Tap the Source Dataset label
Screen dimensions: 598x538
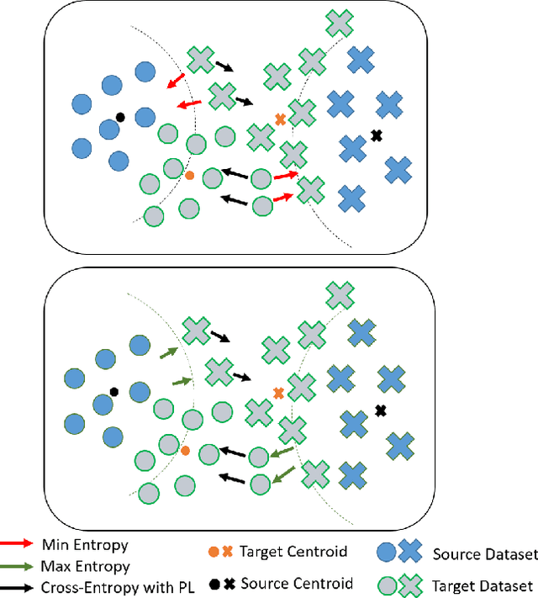(x=483, y=554)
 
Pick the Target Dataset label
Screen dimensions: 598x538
(x=482, y=585)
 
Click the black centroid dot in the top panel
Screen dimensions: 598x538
(x=120, y=117)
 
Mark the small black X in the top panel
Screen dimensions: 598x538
(x=376, y=135)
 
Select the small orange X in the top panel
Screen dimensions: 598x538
(x=281, y=119)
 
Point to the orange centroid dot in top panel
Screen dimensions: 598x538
(x=189, y=175)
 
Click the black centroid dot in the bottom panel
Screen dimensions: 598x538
(x=113, y=391)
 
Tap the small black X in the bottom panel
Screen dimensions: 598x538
(x=380, y=410)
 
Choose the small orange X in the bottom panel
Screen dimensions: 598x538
(x=278, y=392)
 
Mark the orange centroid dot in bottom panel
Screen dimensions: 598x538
(x=185, y=450)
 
